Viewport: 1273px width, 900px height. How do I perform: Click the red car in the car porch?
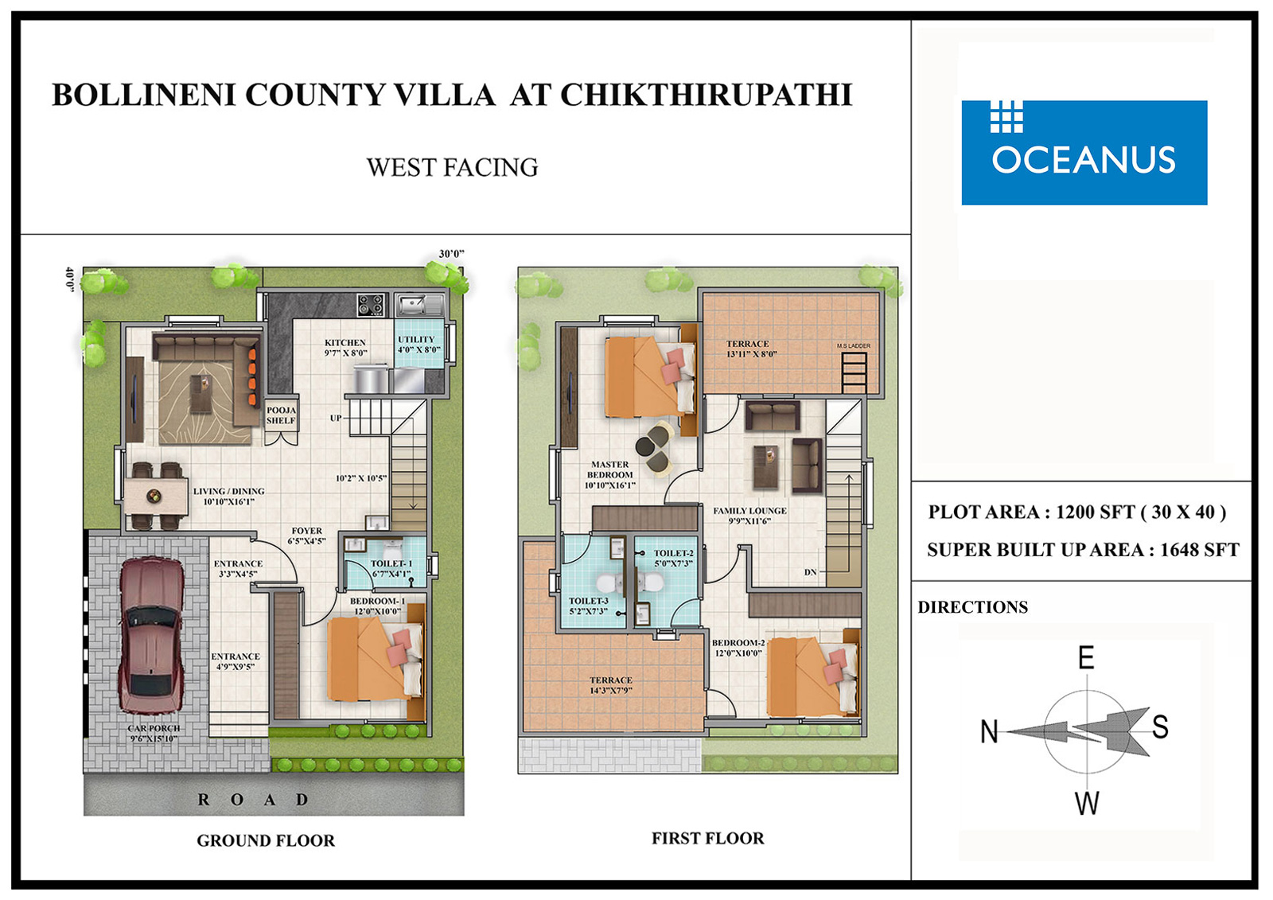152,635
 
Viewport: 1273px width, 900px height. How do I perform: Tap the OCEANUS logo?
1084,152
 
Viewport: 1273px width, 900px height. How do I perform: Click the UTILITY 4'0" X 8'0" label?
419,345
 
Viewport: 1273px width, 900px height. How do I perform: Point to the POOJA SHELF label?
281,415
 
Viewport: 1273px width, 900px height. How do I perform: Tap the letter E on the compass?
1086,658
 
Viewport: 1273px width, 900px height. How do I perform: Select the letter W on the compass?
1087,804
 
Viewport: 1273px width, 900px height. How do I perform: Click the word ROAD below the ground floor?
253,800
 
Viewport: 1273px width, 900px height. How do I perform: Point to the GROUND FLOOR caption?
266,840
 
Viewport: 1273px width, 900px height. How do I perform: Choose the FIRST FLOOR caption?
707,838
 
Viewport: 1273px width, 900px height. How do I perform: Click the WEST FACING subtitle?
452,167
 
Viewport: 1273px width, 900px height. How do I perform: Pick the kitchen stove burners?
371,305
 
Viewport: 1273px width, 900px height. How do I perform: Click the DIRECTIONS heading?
972,607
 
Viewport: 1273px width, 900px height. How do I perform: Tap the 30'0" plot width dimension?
451,254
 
